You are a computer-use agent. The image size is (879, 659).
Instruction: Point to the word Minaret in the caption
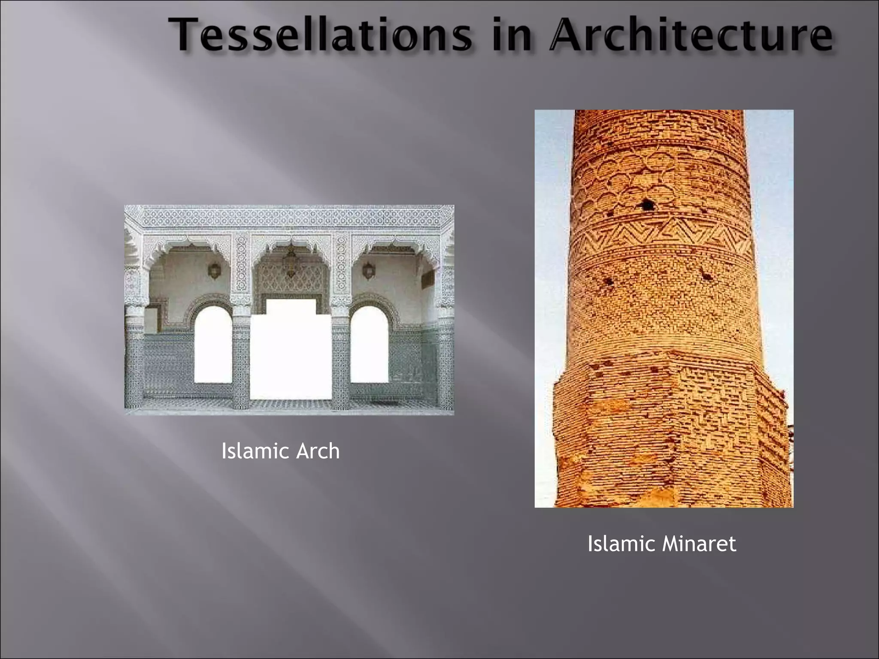click(699, 544)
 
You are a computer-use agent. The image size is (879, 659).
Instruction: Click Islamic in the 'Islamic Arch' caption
click(250, 451)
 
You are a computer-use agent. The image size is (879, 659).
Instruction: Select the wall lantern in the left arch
click(214, 271)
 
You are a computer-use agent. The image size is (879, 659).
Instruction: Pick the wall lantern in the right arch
click(368, 271)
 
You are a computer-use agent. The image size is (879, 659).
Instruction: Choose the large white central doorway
click(291, 352)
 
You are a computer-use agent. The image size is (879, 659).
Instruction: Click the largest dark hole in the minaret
click(647, 205)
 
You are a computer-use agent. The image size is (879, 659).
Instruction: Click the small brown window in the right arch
click(427, 279)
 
